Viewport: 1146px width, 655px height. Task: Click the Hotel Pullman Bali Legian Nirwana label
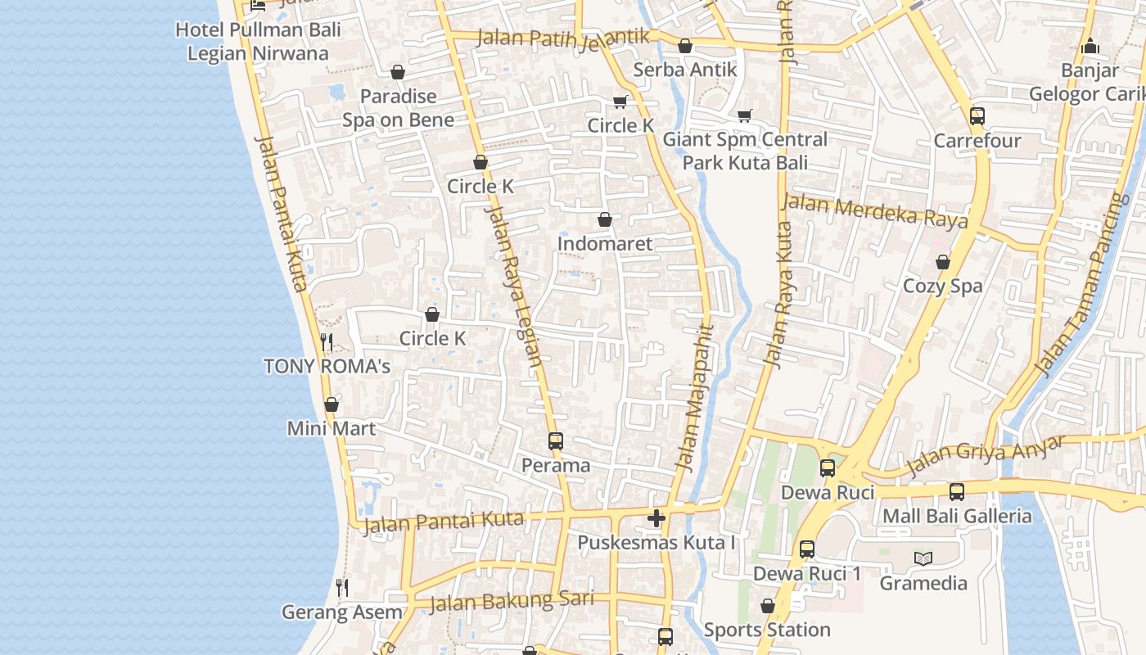tap(258, 42)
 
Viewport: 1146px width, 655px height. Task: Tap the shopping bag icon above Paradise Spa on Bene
tap(398, 73)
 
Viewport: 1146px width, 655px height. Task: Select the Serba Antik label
tap(685, 70)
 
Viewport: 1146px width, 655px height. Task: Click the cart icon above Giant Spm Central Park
tap(744, 116)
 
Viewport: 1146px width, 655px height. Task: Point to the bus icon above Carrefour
tap(977, 116)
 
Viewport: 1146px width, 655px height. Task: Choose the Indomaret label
tap(605, 243)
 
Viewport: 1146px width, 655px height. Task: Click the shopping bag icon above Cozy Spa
tap(943, 262)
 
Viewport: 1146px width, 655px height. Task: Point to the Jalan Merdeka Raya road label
tap(875, 210)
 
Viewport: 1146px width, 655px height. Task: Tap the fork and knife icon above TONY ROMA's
tap(327, 341)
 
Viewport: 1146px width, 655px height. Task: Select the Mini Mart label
tap(332, 428)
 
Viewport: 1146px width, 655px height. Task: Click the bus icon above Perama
tap(556, 441)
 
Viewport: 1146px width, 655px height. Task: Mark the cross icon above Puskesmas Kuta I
tap(656, 518)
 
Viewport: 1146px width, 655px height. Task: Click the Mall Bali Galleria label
tap(957, 516)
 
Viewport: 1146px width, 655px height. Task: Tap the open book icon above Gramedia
tap(923, 558)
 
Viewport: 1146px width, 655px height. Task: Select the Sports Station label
tap(767, 630)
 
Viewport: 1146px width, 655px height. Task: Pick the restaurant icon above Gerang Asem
tap(342, 587)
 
